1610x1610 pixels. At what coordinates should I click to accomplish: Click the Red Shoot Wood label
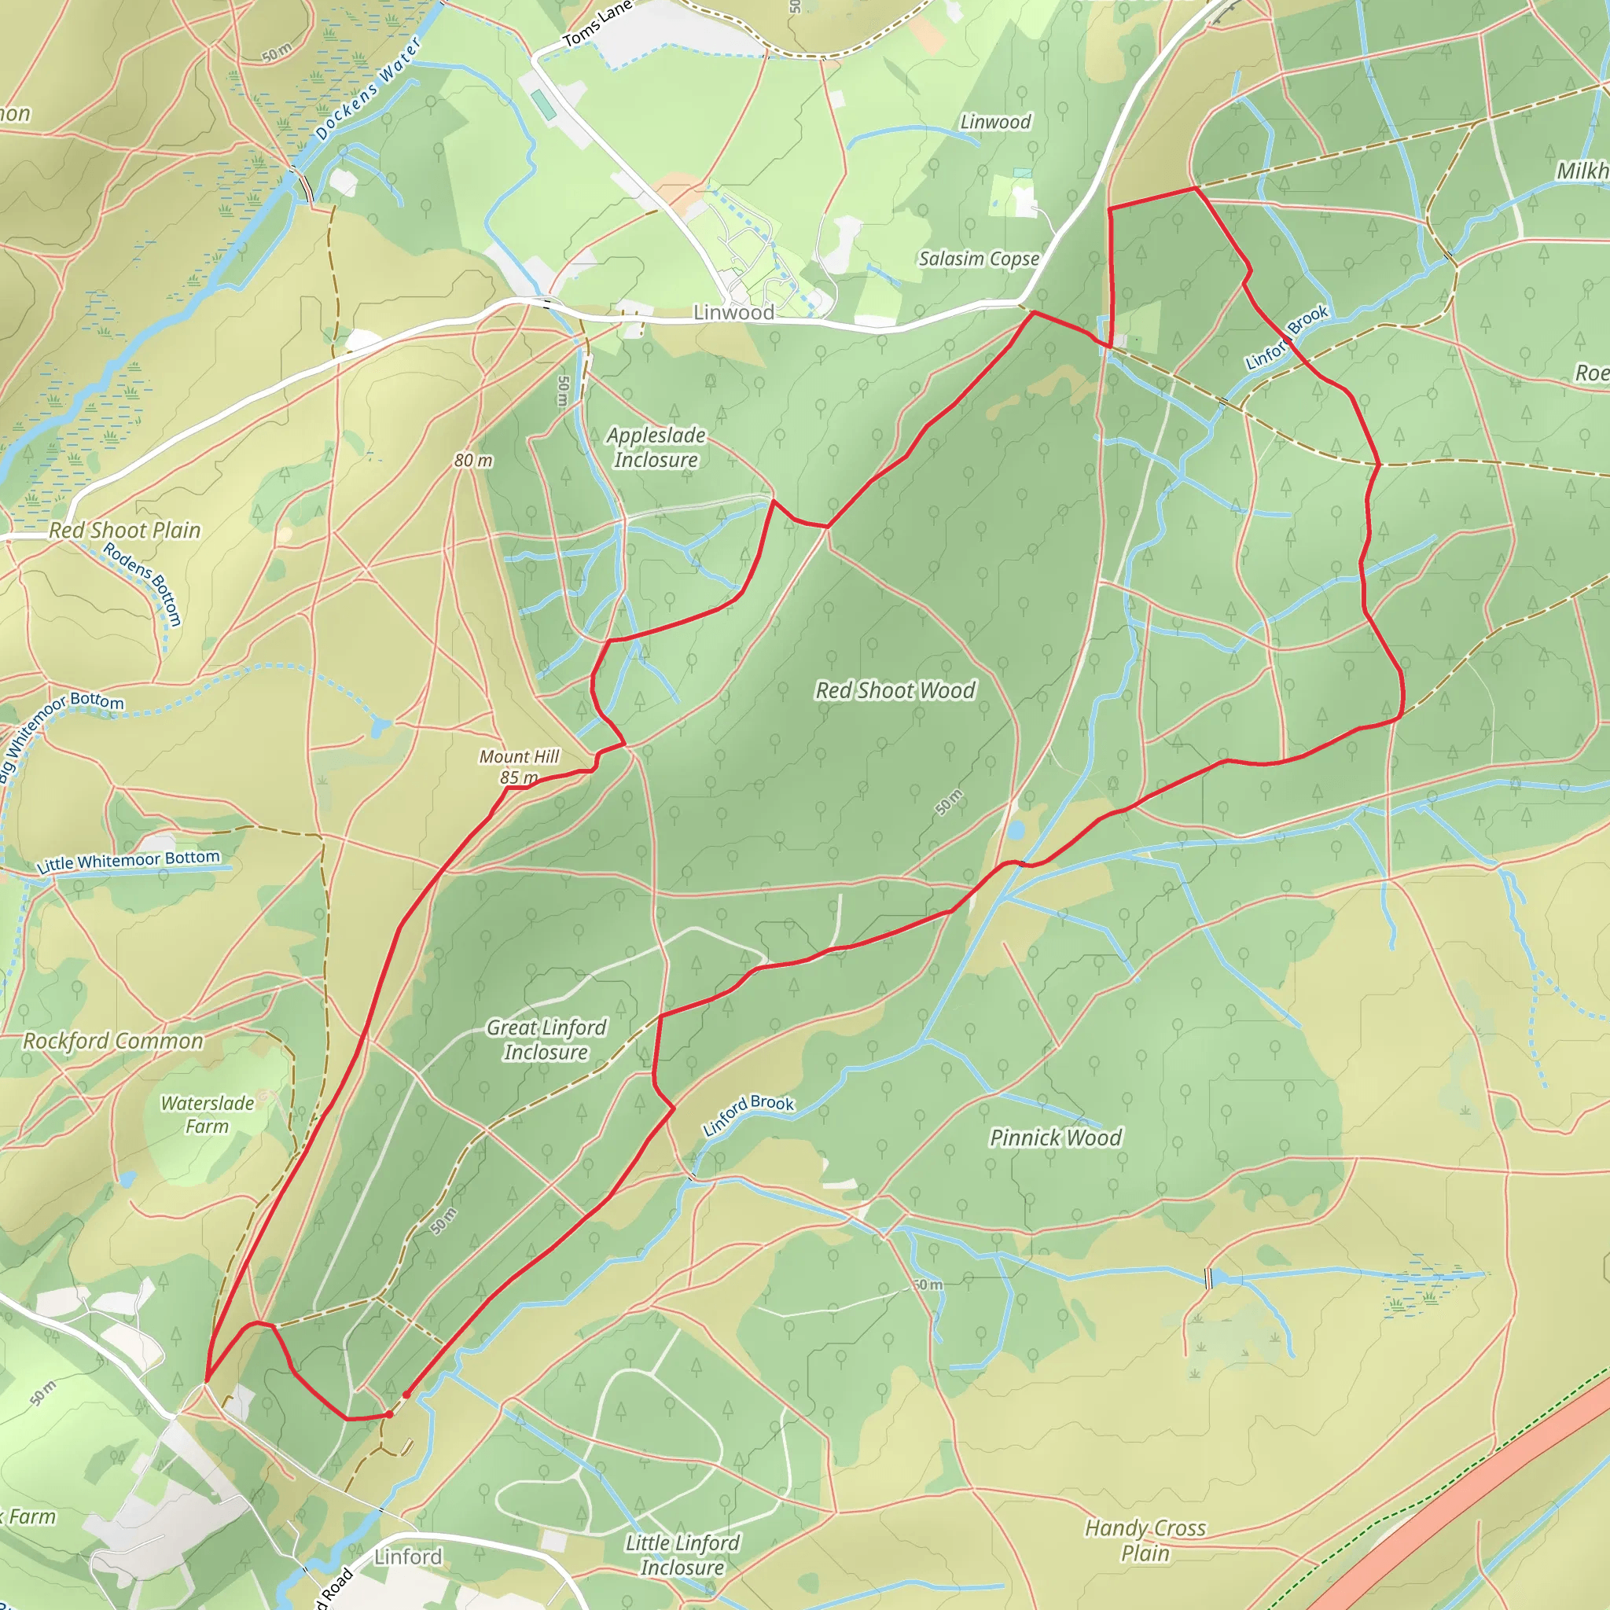click(x=895, y=691)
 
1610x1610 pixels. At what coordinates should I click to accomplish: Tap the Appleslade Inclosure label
click(x=656, y=447)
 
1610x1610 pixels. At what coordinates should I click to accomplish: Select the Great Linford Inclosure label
click(x=546, y=1040)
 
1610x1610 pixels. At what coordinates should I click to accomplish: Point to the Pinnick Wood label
click(x=1055, y=1138)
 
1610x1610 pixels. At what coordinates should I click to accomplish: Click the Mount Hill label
click(x=518, y=757)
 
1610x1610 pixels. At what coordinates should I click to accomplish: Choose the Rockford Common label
click(x=112, y=1042)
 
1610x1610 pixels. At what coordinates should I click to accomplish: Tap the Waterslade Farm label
click(x=207, y=1115)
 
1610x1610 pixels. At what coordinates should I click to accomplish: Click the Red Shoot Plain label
click(x=125, y=531)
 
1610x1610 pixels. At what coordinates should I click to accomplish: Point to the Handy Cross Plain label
click(x=1145, y=1540)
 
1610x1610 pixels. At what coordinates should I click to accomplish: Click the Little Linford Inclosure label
click(x=682, y=1555)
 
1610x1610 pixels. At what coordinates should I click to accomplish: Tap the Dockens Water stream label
click(x=367, y=90)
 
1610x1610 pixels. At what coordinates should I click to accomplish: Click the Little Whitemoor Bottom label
click(x=128, y=862)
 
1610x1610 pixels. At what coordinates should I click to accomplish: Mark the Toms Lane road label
click(x=597, y=26)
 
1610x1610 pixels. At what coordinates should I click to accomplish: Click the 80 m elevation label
click(x=473, y=461)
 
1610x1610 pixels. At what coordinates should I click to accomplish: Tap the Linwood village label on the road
click(x=733, y=313)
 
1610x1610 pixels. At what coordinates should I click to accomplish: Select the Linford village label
click(x=407, y=1557)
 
